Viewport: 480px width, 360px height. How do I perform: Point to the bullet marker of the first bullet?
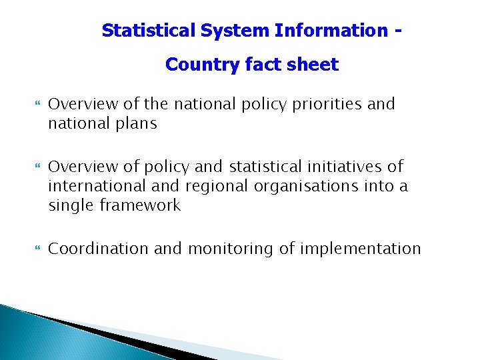[37, 105]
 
